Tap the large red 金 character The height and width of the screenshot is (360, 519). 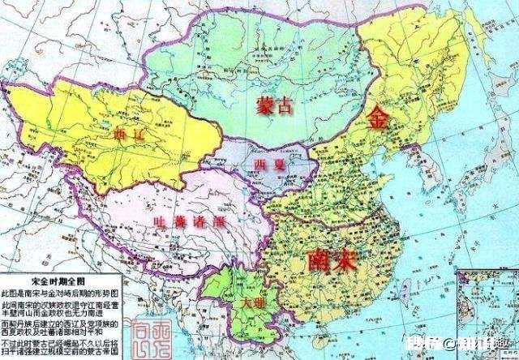tap(378, 118)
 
